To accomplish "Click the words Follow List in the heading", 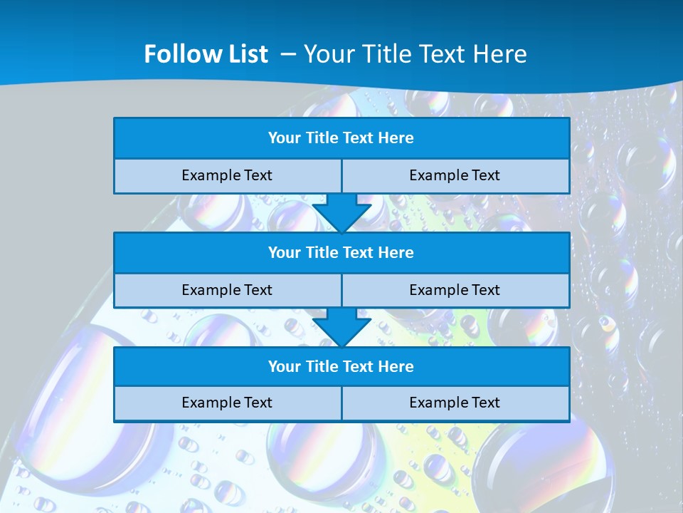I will (x=206, y=54).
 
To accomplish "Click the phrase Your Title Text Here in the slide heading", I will (x=415, y=54).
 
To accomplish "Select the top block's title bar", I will (x=341, y=138).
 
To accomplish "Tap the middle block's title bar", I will (x=341, y=253).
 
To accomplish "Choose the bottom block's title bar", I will (x=341, y=367).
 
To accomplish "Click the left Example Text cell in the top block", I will (x=227, y=176).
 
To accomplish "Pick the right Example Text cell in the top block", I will (x=455, y=176).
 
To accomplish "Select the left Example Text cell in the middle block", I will (x=227, y=291).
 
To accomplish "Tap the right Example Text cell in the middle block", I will (x=455, y=291).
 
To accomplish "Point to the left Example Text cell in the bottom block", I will (x=227, y=403).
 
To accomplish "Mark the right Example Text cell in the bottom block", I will (x=455, y=403).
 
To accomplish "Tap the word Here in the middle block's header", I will (x=396, y=253).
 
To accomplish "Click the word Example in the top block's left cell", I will (x=211, y=176).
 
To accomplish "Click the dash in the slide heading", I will (x=288, y=54).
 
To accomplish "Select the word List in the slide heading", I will (x=246, y=54).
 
